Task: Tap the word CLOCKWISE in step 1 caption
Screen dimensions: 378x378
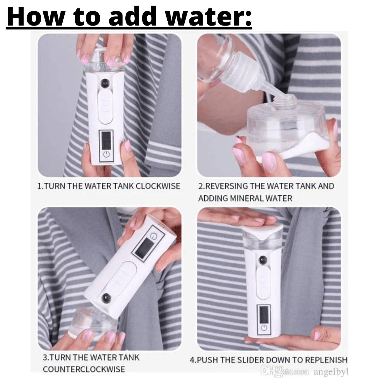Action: point(158,186)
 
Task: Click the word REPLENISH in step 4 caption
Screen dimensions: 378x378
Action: point(326,360)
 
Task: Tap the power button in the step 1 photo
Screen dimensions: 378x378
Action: point(106,154)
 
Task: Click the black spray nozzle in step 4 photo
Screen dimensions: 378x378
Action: point(262,260)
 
